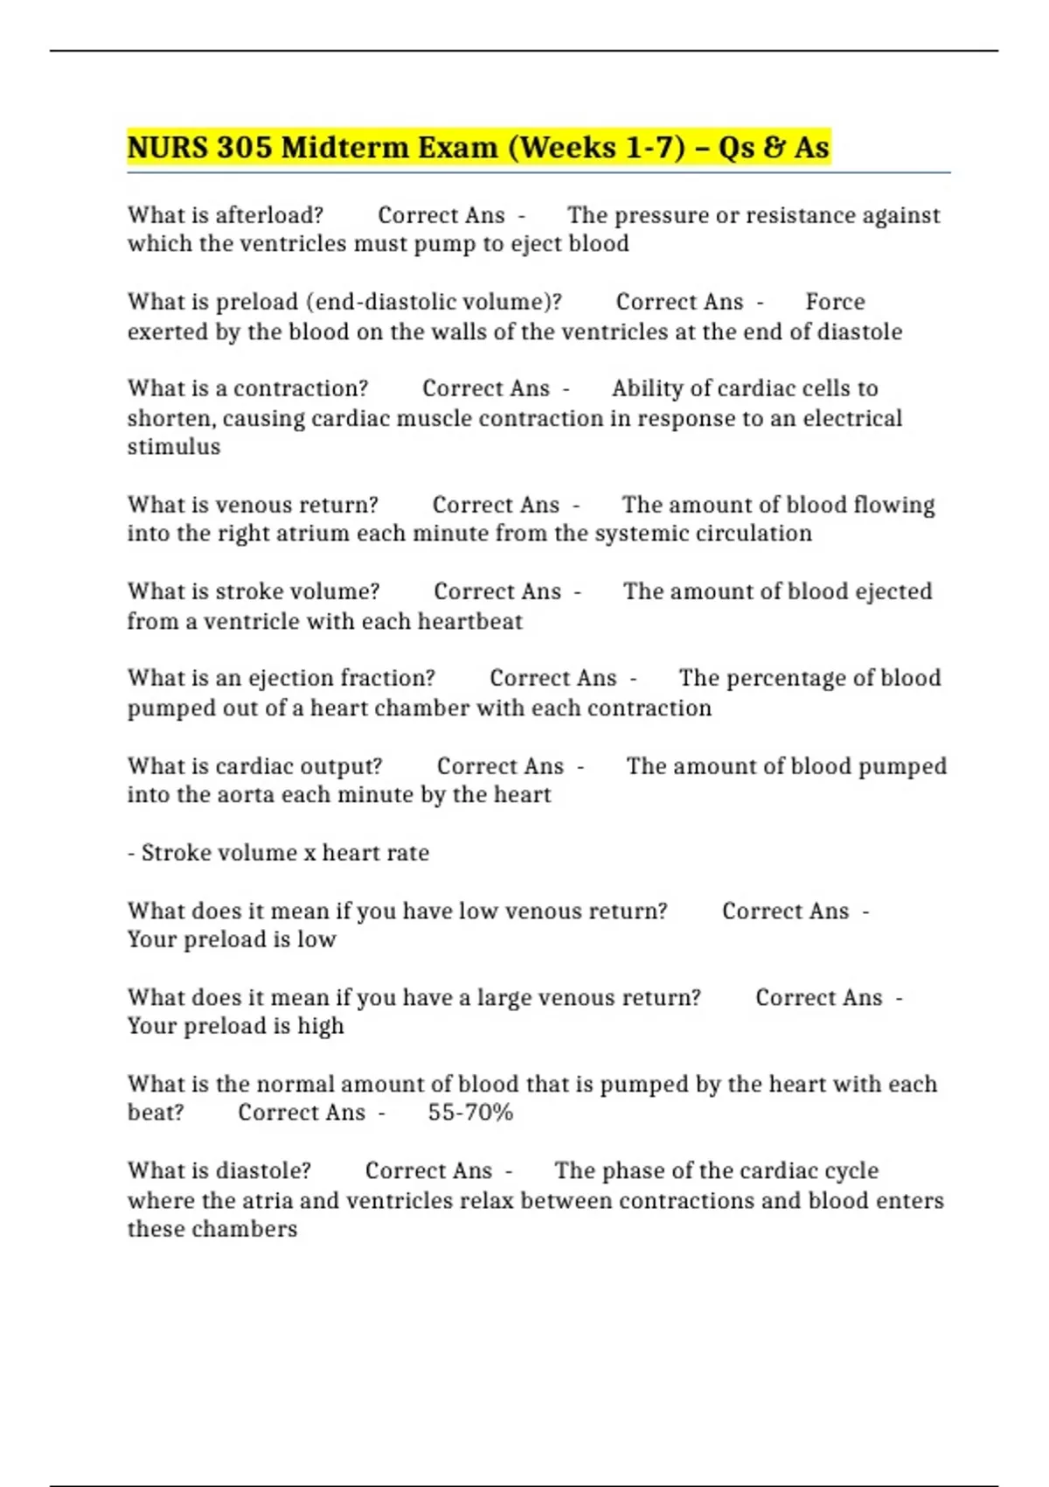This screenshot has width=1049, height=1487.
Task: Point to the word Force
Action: (x=835, y=303)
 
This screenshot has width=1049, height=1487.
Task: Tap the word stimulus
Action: (x=174, y=447)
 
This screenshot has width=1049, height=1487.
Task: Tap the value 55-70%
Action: (x=470, y=1114)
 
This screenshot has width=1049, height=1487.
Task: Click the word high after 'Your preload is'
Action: (x=321, y=1027)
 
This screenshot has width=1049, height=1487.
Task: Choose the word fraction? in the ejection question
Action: (x=387, y=679)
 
